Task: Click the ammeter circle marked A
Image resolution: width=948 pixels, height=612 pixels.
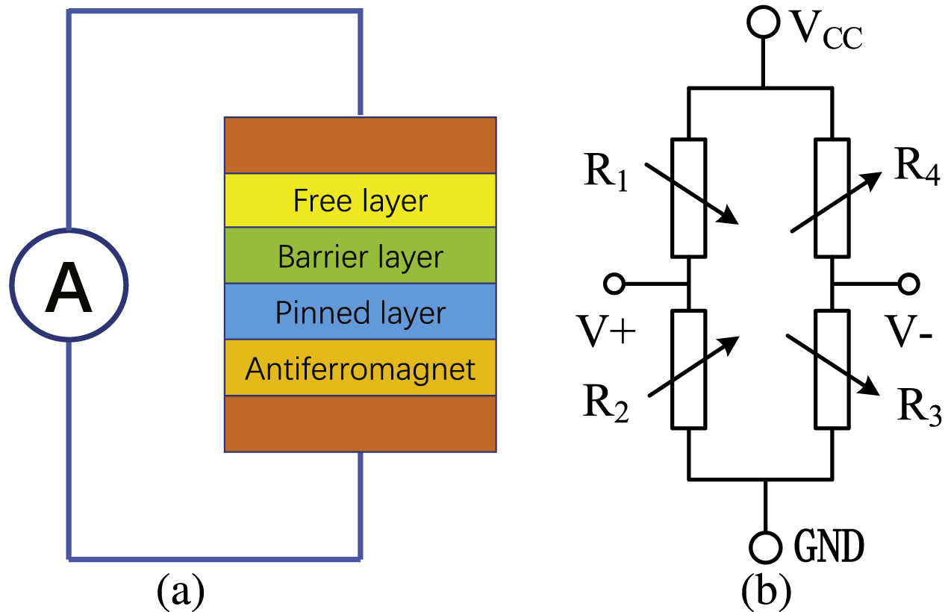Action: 69,284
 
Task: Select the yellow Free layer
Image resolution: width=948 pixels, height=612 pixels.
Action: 360,201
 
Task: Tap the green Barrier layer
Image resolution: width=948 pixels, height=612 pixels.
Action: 360,256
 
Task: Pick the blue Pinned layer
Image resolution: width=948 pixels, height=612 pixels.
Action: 360,312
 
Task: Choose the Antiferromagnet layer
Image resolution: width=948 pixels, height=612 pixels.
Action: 360,368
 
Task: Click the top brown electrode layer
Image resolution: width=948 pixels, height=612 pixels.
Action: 360,145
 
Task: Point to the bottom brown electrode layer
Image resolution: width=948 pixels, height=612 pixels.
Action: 360,424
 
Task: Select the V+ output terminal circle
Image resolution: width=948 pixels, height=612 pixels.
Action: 614,284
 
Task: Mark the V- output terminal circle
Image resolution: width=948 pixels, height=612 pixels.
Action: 908,284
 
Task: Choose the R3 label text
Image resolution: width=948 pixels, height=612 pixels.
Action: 917,405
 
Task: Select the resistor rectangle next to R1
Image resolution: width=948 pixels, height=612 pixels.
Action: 688,198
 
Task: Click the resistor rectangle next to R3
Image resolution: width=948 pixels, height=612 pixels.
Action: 832,369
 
